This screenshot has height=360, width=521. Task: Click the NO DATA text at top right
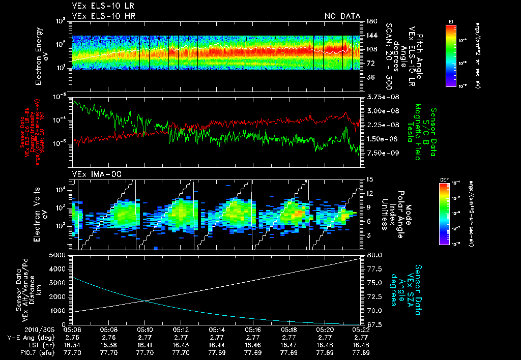[342, 16]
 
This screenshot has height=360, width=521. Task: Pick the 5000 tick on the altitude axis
[59, 255]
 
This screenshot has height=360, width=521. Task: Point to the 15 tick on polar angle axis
[368, 179]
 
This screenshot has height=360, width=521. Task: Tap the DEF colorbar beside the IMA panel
[443, 214]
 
